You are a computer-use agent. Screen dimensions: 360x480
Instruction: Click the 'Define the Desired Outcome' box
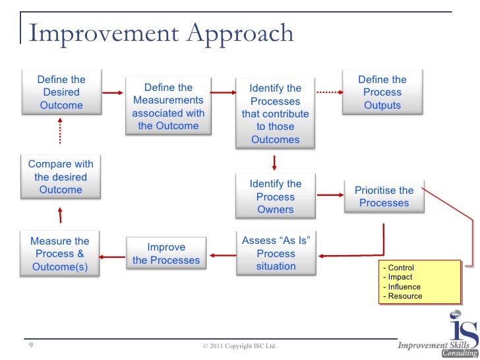pyautogui.click(x=61, y=92)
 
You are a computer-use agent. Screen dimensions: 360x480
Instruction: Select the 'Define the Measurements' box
pyautogui.click(x=168, y=107)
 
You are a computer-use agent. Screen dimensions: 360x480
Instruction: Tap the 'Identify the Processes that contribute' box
pyautogui.click(x=276, y=113)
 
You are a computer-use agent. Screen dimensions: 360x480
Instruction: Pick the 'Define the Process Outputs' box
pyautogui.click(x=382, y=92)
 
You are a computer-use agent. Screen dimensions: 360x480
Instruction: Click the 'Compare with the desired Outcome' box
pyautogui.click(x=61, y=177)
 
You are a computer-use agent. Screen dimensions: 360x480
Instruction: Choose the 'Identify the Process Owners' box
pyautogui.click(x=276, y=196)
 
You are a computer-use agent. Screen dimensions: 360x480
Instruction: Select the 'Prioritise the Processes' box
pyautogui.click(x=384, y=196)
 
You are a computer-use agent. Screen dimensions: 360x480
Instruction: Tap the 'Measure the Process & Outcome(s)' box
pyautogui.click(x=60, y=254)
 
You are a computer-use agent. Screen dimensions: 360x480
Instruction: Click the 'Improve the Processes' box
pyautogui.click(x=166, y=254)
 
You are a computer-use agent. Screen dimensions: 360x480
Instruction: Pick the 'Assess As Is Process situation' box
pyautogui.click(x=276, y=254)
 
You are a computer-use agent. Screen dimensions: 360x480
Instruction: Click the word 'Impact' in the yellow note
pyautogui.click(x=402, y=278)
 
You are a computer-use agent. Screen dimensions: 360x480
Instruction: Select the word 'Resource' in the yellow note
pyautogui.click(x=405, y=296)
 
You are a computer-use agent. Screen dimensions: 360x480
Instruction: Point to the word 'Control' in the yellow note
pyautogui.click(x=402, y=268)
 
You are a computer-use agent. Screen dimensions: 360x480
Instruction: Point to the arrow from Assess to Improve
pyautogui.click(x=222, y=254)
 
